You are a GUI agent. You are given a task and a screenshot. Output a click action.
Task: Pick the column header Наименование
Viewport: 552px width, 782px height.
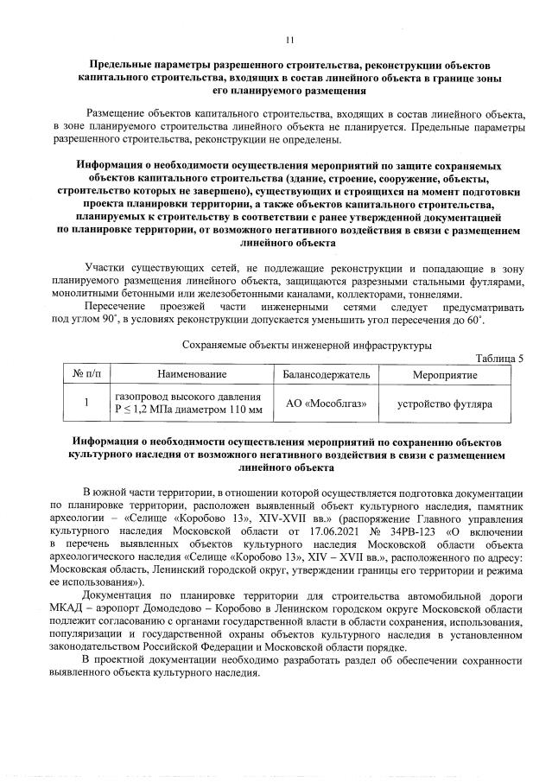tap(191, 374)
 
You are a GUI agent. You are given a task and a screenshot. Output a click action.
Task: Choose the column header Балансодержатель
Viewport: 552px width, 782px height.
tap(327, 374)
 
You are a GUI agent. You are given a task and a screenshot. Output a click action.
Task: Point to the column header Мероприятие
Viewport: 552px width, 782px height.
tap(443, 374)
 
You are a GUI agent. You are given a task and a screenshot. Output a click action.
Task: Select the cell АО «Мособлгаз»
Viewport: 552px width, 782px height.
tap(327, 404)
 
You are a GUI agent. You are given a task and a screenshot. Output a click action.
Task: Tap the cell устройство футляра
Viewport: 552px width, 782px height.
tap(443, 404)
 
